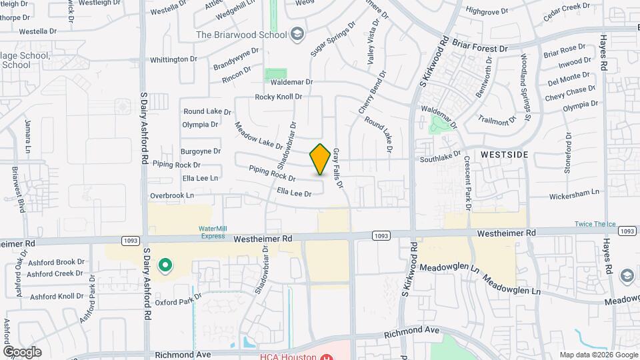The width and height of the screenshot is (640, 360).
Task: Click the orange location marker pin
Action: click(x=320, y=159)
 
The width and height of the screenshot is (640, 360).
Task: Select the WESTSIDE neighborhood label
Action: click(x=505, y=155)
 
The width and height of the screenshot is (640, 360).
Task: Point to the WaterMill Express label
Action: click(x=212, y=231)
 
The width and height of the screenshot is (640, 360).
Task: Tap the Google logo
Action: click(x=22, y=351)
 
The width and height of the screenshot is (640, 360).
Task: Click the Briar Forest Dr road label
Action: click(x=481, y=49)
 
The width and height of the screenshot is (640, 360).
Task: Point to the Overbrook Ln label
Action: click(x=172, y=195)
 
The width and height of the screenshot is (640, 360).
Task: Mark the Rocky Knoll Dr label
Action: click(x=279, y=97)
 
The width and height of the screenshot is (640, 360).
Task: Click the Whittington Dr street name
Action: click(x=174, y=59)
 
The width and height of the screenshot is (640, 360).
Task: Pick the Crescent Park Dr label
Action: click(x=467, y=183)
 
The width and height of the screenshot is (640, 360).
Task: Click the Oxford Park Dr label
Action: click(x=178, y=302)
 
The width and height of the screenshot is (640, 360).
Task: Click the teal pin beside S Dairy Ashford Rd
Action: click(x=165, y=266)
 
